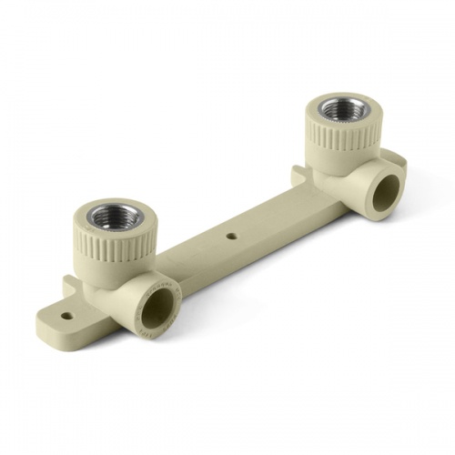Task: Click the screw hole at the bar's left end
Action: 66,318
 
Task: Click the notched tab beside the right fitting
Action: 300,172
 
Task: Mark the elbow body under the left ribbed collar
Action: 109,291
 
